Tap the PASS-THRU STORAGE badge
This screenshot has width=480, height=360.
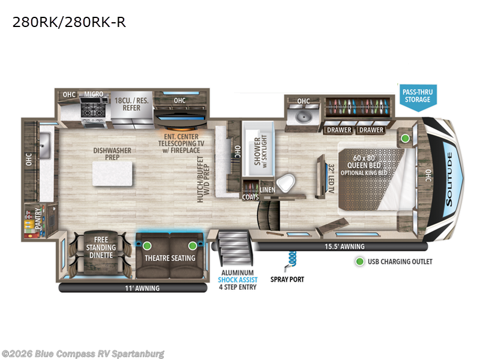[x=418, y=95]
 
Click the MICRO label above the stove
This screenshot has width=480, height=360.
[x=94, y=94]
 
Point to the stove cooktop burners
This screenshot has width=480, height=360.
[x=94, y=110]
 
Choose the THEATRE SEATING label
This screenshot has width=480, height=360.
[x=170, y=258]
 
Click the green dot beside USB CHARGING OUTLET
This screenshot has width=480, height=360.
[x=360, y=262]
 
